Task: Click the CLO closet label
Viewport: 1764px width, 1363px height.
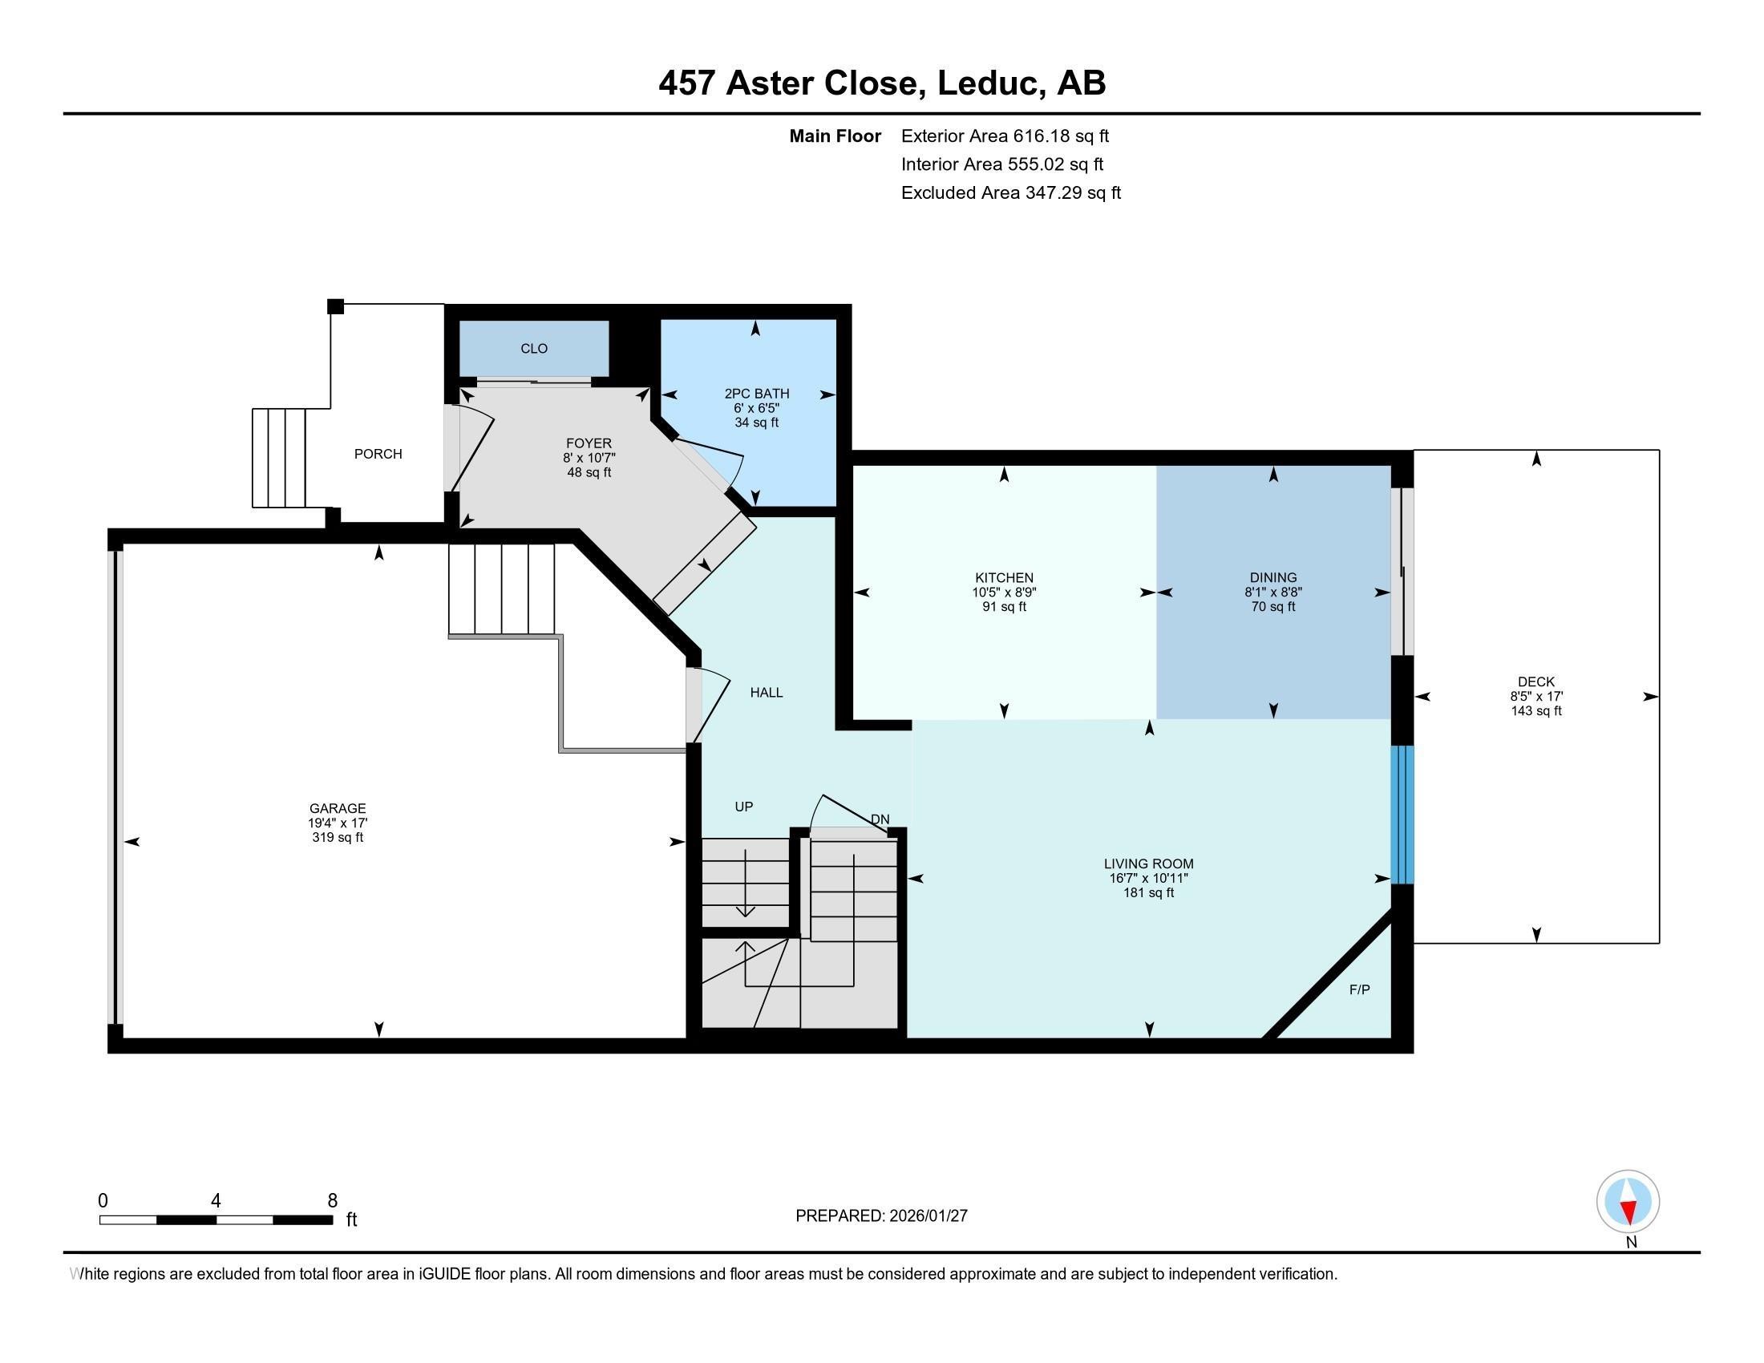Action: click(534, 349)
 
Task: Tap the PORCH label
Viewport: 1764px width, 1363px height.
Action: click(378, 454)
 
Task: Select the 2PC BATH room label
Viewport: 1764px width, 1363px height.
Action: click(756, 393)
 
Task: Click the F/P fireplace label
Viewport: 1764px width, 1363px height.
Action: click(1359, 989)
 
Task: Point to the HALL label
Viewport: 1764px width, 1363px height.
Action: click(766, 692)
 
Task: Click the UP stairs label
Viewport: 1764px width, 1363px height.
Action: click(743, 807)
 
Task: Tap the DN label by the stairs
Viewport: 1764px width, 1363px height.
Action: click(880, 819)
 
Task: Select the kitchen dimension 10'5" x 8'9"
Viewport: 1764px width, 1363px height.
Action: click(1003, 592)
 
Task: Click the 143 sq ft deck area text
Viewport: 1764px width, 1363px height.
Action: click(1535, 710)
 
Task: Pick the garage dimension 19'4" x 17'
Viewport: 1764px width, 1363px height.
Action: click(338, 823)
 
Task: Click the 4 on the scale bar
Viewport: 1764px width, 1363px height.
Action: click(216, 1201)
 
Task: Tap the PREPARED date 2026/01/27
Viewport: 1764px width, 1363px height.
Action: click(927, 1216)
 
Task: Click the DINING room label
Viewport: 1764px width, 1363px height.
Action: click(1272, 577)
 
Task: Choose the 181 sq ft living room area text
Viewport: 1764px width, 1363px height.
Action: click(1147, 892)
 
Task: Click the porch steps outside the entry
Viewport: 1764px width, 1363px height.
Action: click(280, 458)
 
